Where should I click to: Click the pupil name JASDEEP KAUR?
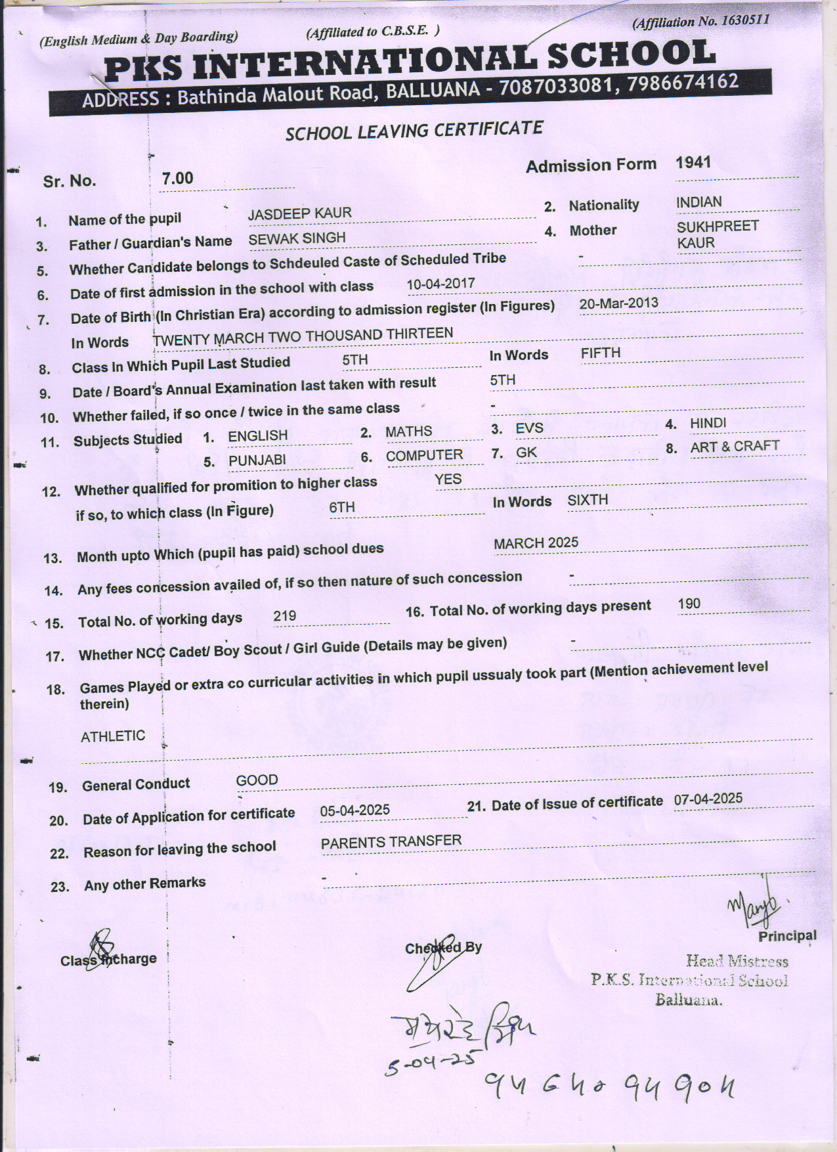(x=299, y=213)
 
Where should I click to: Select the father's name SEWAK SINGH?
(x=297, y=238)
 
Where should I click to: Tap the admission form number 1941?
(x=693, y=162)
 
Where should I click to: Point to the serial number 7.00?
(x=177, y=178)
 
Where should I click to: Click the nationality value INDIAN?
(x=698, y=202)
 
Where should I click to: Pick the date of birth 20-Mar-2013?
(x=618, y=304)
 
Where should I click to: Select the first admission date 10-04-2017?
(x=440, y=284)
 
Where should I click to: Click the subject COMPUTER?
(x=424, y=455)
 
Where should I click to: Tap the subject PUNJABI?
(x=257, y=460)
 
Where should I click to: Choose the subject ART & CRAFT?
(x=735, y=447)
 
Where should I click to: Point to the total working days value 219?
(x=284, y=616)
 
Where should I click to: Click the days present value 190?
(x=689, y=604)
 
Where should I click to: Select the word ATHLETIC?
(x=113, y=736)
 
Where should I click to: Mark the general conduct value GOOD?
(x=257, y=780)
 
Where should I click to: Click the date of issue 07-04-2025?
(x=708, y=799)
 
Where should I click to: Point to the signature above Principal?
(x=755, y=904)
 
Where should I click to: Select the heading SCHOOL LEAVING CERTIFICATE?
(x=414, y=130)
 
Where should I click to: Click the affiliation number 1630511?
(x=744, y=20)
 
